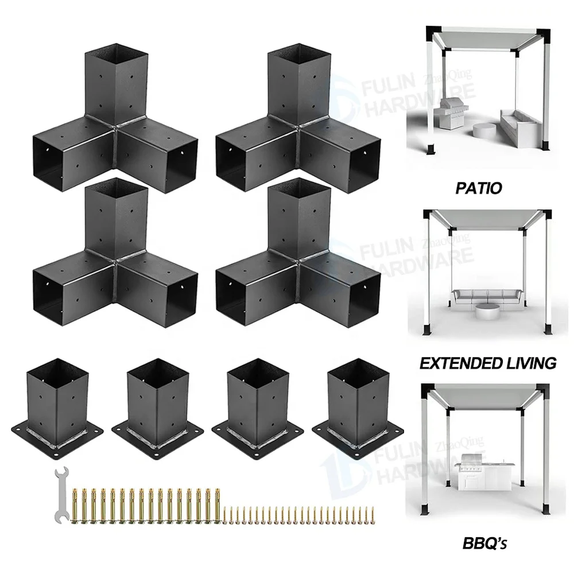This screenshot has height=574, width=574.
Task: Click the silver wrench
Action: point(61,494)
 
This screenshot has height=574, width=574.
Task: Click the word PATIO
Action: point(479,188)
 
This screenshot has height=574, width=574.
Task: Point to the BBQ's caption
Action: point(484,543)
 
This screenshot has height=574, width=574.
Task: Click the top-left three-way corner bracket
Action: point(116,119)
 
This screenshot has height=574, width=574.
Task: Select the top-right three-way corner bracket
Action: point(298,119)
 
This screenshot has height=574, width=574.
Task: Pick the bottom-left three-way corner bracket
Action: point(116,253)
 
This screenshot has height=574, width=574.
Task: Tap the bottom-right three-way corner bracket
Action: point(298,253)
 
